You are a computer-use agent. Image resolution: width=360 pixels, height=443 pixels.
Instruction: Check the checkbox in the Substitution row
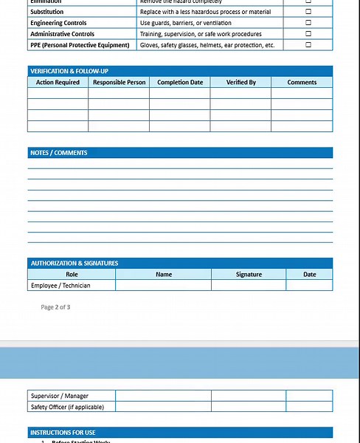click(308, 12)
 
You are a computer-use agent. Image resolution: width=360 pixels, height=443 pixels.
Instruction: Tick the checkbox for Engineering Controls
click(308, 23)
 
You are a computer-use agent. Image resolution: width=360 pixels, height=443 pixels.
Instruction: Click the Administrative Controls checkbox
click(308, 34)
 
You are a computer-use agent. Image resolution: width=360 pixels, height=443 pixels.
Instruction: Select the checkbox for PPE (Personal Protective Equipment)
click(308, 45)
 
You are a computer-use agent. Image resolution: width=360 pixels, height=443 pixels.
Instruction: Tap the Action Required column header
click(58, 83)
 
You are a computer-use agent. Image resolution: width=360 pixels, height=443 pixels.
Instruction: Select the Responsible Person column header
click(119, 83)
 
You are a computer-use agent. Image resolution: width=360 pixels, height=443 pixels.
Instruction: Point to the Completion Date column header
click(180, 83)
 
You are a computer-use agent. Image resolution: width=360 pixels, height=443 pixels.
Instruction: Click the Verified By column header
click(240, 83)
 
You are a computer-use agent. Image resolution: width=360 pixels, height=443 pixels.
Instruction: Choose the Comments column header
click(302, 83)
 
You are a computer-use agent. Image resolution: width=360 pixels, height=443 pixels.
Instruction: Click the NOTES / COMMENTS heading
click(59, 153)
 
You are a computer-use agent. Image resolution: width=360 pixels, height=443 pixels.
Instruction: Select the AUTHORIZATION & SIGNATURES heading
click(74, 263)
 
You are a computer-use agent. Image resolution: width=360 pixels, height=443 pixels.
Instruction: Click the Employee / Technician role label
click(61, 285)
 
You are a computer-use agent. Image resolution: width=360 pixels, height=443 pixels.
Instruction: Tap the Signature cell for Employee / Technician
click(249, 285)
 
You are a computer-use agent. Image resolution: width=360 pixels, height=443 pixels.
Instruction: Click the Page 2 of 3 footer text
click(55, 307)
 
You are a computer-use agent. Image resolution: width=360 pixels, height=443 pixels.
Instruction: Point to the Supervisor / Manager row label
click(60, 396)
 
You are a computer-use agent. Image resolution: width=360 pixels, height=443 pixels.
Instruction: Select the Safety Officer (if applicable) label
click(67, 407)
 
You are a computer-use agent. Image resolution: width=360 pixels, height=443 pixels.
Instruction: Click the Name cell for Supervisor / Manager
click(164, 396)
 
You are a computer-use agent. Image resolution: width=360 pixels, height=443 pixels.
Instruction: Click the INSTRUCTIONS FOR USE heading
click(63, 433)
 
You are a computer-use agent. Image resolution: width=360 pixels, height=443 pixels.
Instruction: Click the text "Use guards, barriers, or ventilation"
click(185, 23)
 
